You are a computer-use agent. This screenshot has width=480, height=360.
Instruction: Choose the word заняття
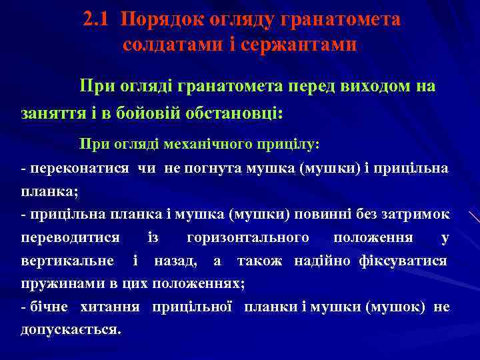click(51, 113)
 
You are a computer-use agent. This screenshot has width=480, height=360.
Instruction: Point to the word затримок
click(417, 214)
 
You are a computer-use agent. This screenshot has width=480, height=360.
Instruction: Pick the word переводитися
click(71, 237)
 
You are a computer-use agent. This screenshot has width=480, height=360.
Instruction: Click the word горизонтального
click(248, 237)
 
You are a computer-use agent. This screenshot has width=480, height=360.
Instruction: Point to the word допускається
click(71, 330)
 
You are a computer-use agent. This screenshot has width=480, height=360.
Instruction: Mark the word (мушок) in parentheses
click(399, 307)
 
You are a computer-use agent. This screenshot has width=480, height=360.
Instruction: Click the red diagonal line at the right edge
click(474, 217)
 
